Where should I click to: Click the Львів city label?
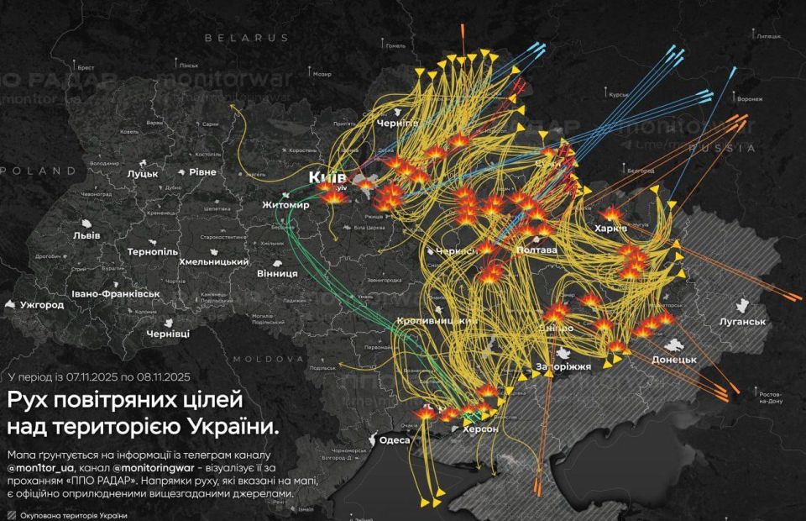[x=87, y=234]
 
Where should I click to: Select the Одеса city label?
[x=395, y=440]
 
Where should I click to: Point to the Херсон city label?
[x=480, y=429]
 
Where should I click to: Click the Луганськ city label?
[x=743, y=321]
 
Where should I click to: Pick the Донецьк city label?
[x=674, y=359]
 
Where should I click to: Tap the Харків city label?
[x=610, y=229]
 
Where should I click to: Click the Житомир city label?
[x=285, y=205]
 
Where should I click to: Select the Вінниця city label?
[x=278, y=273]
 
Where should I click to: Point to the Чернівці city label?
[x=168, y=334]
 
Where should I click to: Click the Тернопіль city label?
[x=153, y=251]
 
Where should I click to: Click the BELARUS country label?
[x=246, y=38]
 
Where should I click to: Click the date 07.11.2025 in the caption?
[x=94, y=377]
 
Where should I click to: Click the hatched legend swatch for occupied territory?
[x=10, y=514]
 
